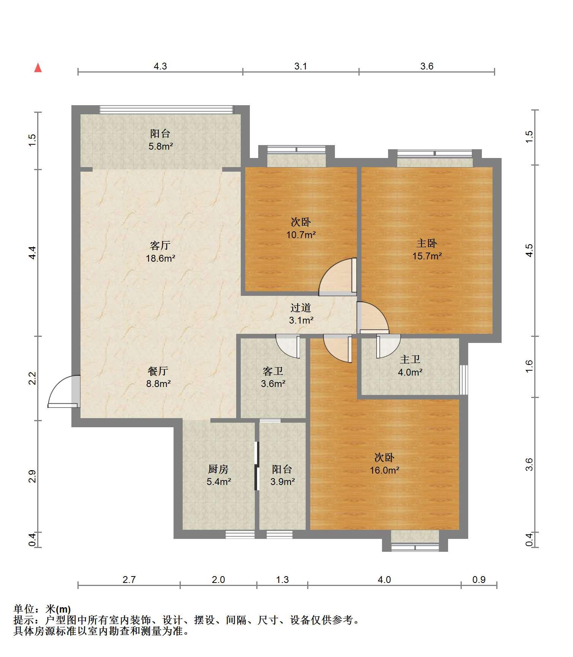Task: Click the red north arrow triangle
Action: pyautogui.click(x=38, y=68)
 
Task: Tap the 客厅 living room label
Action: pyautogui.click(x=160, y=246)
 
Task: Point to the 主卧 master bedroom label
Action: pyautogui.click(x=427, y=243)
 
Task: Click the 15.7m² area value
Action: pyautogui.click(x=427, y=256)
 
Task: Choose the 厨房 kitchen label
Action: pyautogui.click(x=218, y=469)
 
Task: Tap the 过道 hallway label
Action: pyautogui.click(x=301, y=308)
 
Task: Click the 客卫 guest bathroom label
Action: pyautogui.click(x=273, y=371)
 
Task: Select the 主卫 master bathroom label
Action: pyautogui.click(x=410, y=359)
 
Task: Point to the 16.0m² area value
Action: pyautogui.click(x=385, y=470)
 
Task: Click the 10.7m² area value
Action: pyautogui.click(x=301, y=235)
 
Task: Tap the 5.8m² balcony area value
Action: pyautogui.click(x=161, y=146)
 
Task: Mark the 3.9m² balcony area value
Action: pyautogui.click(x=283, y=482)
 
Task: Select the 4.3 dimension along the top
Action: pyautogui.click(x=160, y=66)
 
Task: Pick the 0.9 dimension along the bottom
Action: pyautogui.click(x=479, y=580)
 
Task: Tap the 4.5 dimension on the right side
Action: pyautogui.click(x=529, y=250)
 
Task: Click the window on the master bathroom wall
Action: pyautogui.click(x=464, y=380)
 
